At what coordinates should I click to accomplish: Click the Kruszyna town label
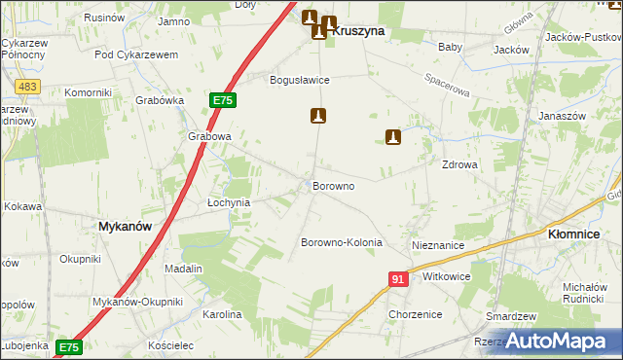click(358, 31)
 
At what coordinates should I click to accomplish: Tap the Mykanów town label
click(125, 226)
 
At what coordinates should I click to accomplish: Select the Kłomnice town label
click(578, 234)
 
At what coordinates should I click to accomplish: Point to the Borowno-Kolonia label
click(341, 242)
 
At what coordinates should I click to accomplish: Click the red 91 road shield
click(397, 279)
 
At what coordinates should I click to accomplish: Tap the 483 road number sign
click(27, 88)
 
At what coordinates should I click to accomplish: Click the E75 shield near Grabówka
click(222, 100)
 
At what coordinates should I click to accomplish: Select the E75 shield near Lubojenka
click(68, 346)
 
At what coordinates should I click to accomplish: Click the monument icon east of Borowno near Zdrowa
click(394, 138)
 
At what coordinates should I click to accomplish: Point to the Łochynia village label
click(230, 202)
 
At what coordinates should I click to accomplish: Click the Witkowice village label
click(447, 276)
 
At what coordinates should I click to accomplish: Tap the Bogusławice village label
click(300, 80)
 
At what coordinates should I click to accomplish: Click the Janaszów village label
click(561, 116)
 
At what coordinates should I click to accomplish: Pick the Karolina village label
click(221, 315)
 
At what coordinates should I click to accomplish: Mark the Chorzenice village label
click(415, 314)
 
